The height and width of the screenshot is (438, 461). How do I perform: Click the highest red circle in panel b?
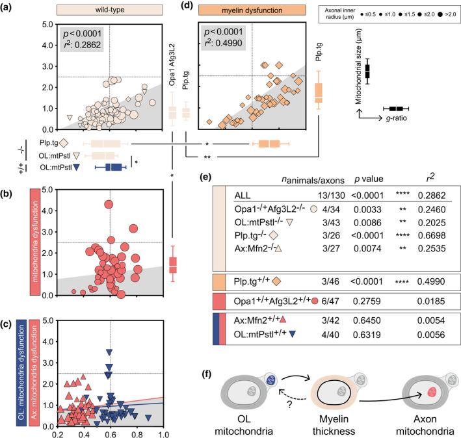[109, 204]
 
